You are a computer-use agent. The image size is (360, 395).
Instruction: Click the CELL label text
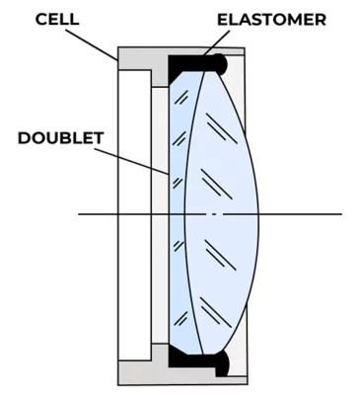tap(57, 19)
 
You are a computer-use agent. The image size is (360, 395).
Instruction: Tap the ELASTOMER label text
tap(271, 20)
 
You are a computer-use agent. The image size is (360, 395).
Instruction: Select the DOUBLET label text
tap(61, 138)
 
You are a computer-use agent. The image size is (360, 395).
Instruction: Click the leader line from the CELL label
tap(92, 45)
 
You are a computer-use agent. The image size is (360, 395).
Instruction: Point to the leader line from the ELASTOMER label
tap(217, 42)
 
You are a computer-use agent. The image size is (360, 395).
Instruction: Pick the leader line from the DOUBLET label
tap(132, 161)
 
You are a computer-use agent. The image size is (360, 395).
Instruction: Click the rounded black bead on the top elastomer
tap(220, 63)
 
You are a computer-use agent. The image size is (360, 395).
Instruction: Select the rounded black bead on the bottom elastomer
tap(222, 362)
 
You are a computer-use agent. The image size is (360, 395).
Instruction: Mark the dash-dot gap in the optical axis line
tap(214, 214)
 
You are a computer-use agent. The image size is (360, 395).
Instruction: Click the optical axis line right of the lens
tap(301, 214)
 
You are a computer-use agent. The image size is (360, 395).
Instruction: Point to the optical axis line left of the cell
tap(98, 214)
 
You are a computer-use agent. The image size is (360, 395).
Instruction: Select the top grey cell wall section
tap(145, 61)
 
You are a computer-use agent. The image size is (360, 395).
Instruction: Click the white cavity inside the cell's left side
tap(135, 214)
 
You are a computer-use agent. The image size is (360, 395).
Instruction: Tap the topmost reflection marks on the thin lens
tap(181, 98)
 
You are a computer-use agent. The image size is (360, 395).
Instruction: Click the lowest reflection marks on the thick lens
tap(216, 313)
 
